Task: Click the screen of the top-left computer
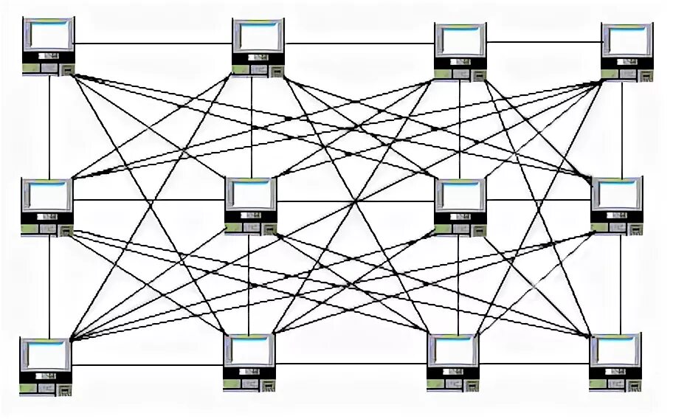click(49, 34)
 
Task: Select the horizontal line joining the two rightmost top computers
click(544, 42)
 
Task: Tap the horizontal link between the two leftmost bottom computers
click(147, 364)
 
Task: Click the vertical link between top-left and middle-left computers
click(49, 125)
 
